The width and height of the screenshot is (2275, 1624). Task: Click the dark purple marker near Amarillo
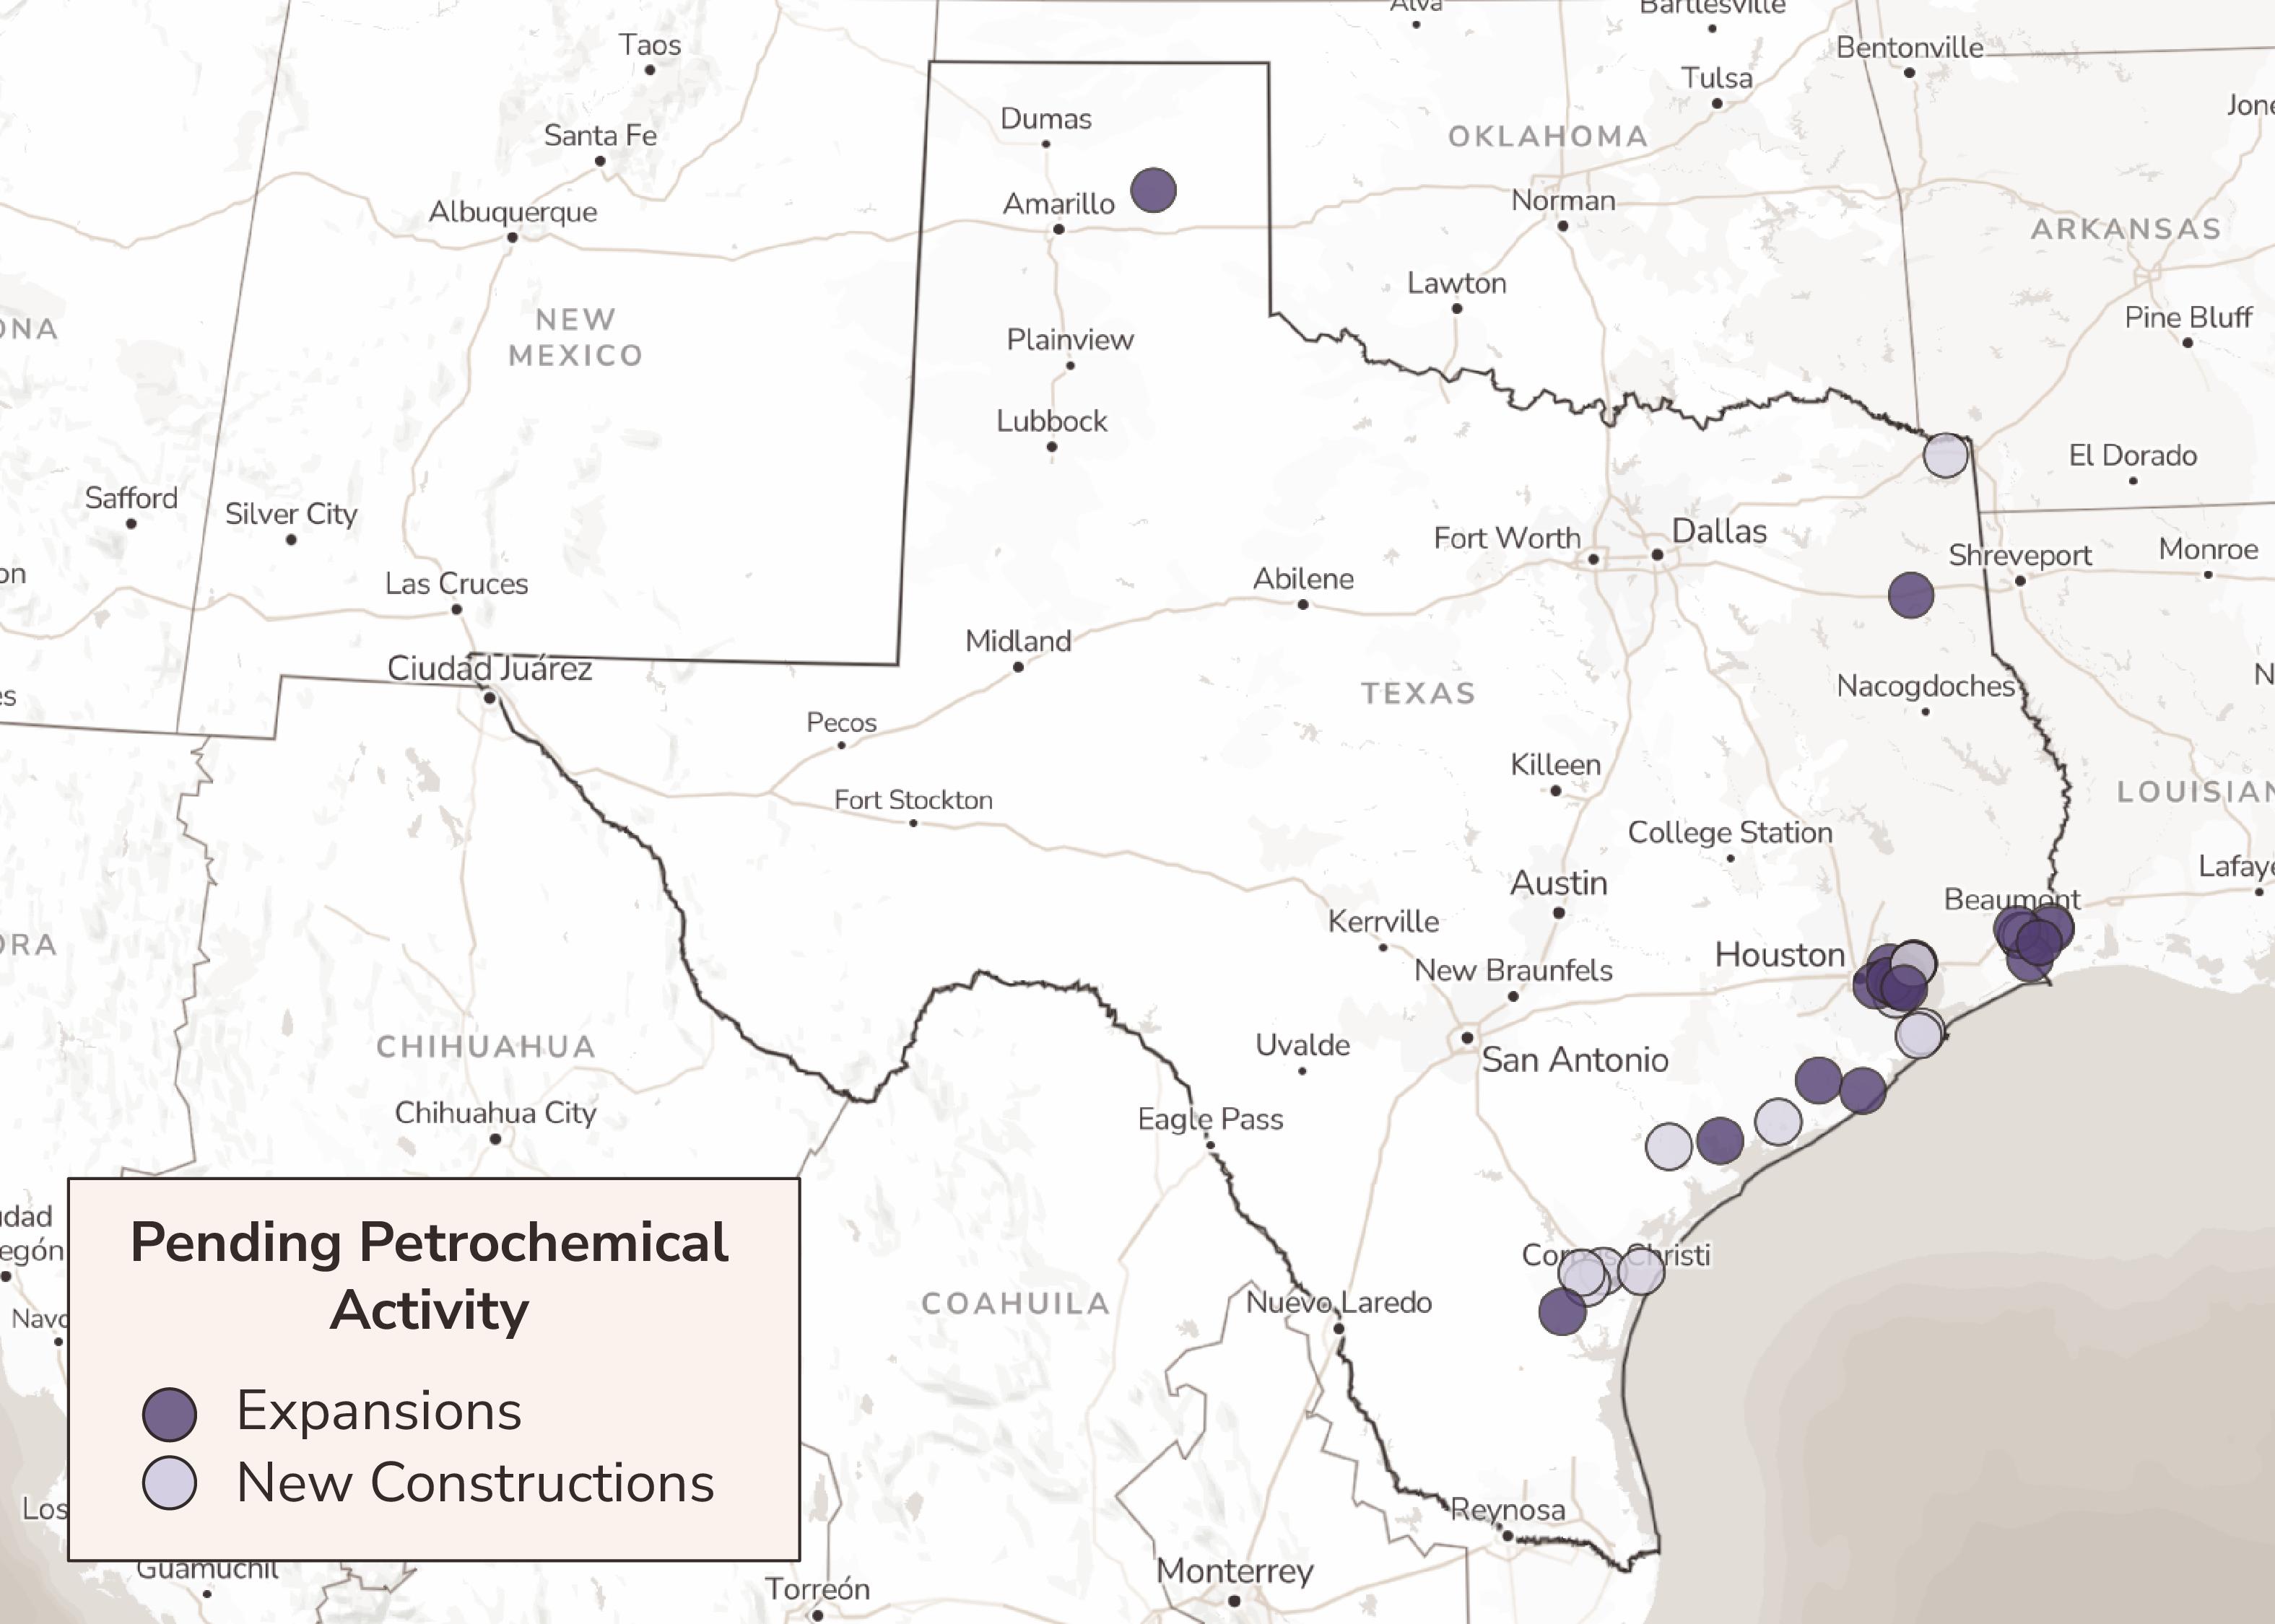(x=1153, y=190)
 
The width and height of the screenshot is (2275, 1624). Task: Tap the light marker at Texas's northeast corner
(x=1945, y=456)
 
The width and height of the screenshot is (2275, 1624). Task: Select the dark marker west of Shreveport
(x=1910, y=595)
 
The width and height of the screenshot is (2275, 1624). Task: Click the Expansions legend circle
(x=169, y=1414)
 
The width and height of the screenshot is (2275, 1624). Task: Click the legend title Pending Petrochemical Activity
(x=430, y=1275)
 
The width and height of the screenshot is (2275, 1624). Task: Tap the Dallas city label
(x=1719, y=531)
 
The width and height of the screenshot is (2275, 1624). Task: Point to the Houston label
(x=1779, y=955)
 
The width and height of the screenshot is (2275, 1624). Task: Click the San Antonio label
(x=1574, y=1060)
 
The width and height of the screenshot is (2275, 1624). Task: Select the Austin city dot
(x=1558, y=913)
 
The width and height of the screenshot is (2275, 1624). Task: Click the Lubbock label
(x=1051, y=421)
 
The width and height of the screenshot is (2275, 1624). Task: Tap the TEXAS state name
(x=1418, y=693)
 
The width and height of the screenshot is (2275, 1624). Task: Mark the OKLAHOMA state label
(x=1547, y=136)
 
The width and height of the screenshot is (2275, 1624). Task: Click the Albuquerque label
(x=513, y=212)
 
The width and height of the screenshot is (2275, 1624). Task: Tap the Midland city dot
(x=1018, y=667)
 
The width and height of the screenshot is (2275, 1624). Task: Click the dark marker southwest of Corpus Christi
(x=1562, y=1311)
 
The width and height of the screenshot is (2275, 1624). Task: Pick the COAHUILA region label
(x=1015, y=1303)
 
